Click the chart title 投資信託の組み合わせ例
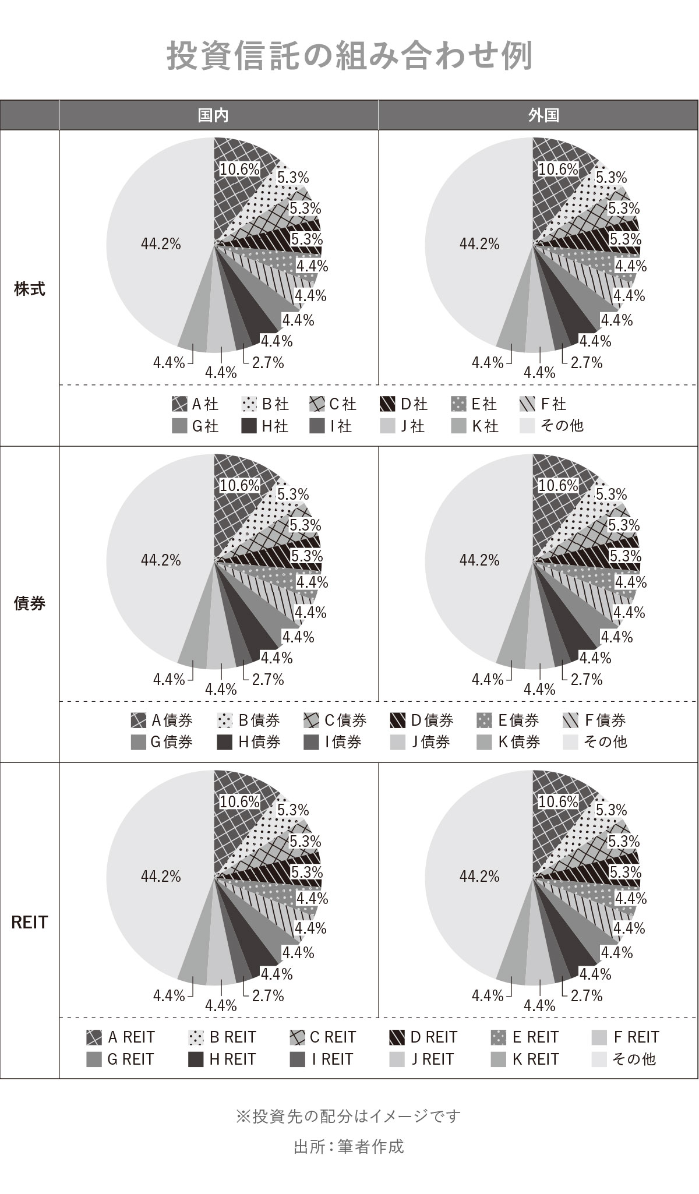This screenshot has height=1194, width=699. pyautogui.click(x=349, y=56)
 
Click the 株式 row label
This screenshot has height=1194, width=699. pyautogui.click(x=29, y=289)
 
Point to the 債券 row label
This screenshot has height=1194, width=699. pyautogui.click(x=29, y=603)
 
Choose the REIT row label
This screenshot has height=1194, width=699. pyautogui.click(x=29, y=923)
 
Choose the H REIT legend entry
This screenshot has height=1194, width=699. pyautogui.click(x=223, y=1059)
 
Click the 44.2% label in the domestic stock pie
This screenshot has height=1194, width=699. pyautogui.click(x=161, y=244)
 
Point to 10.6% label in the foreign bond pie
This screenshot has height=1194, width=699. pyautogui.click(x=558, y=485)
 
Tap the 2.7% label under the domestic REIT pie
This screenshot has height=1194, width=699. pyautogui.click(x=268, y=996)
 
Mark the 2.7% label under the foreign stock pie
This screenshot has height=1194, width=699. pyautogui.click(x=587, y=363)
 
